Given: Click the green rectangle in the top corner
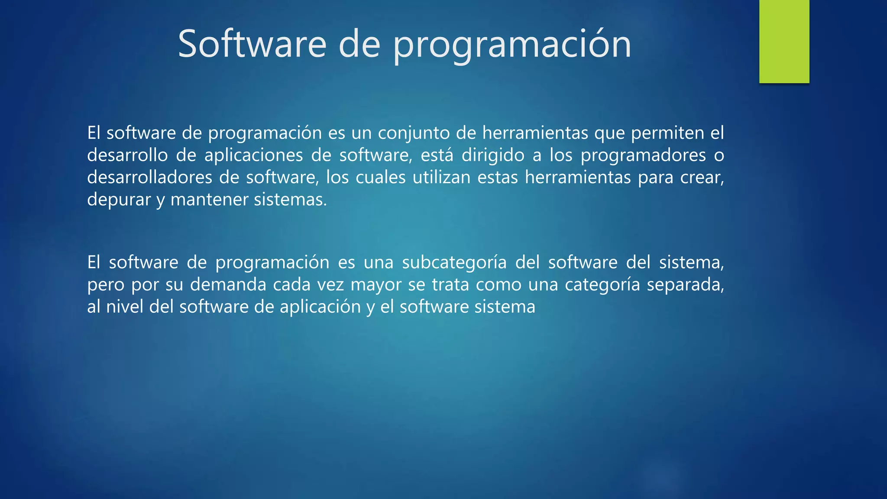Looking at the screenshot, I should [x=784, y=41].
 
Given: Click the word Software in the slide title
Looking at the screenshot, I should [x=252, y=44].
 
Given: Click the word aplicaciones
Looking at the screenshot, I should [x=253, y=155].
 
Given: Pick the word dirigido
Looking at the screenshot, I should [x=493, y=155].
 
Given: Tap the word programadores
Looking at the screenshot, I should [x=643, y=155].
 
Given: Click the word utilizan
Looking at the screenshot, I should [x=441, y=177].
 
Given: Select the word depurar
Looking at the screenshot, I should [x=119, y=200].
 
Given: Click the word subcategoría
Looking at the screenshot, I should [x=454, y=262].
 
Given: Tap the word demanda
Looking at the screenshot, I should [x=228, y=285].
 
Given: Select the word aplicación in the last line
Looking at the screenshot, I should [x=320, y=307].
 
